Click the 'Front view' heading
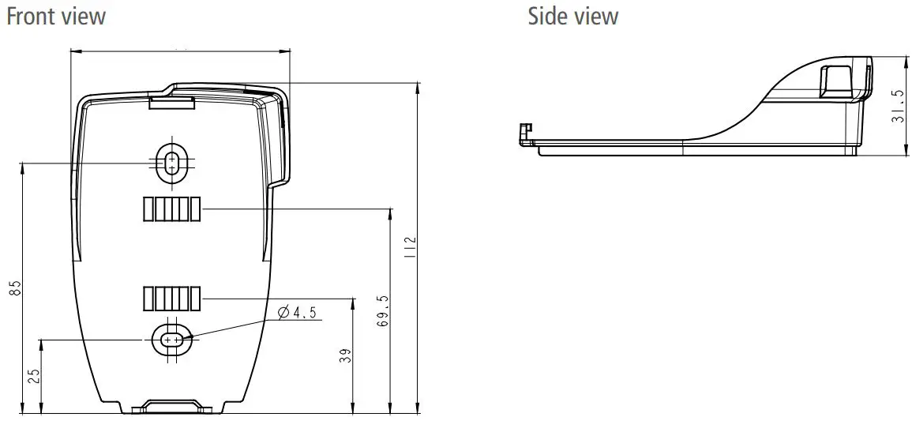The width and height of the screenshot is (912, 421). click(55, 16)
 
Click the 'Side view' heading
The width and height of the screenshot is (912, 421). click(573, 16)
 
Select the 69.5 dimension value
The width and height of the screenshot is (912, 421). click(382, 311)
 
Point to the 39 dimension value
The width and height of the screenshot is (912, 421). click(344, 356)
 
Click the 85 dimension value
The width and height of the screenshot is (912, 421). click(15, 288)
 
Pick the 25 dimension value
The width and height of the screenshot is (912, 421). click(33, 376)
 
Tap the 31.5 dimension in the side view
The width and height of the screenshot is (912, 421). click(897, 106)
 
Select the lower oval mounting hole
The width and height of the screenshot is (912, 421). click(171, 339)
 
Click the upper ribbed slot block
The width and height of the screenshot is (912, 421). click(171, 209)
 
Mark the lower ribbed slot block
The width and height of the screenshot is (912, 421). click(171, 299)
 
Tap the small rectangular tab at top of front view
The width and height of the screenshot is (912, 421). click(172, 100)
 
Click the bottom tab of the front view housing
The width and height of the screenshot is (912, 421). click(172, 407)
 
